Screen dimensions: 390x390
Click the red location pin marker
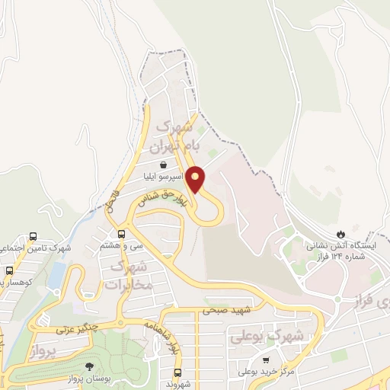196,179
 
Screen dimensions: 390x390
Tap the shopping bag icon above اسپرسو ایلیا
164,164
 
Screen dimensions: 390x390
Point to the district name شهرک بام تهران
171,136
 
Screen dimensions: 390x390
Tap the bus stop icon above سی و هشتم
121,234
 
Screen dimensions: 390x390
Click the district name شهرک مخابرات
128,275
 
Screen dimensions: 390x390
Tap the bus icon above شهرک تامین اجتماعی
33,236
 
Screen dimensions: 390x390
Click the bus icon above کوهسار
9,270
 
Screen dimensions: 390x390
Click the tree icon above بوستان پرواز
89,366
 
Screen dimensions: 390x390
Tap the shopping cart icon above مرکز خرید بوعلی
265,360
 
